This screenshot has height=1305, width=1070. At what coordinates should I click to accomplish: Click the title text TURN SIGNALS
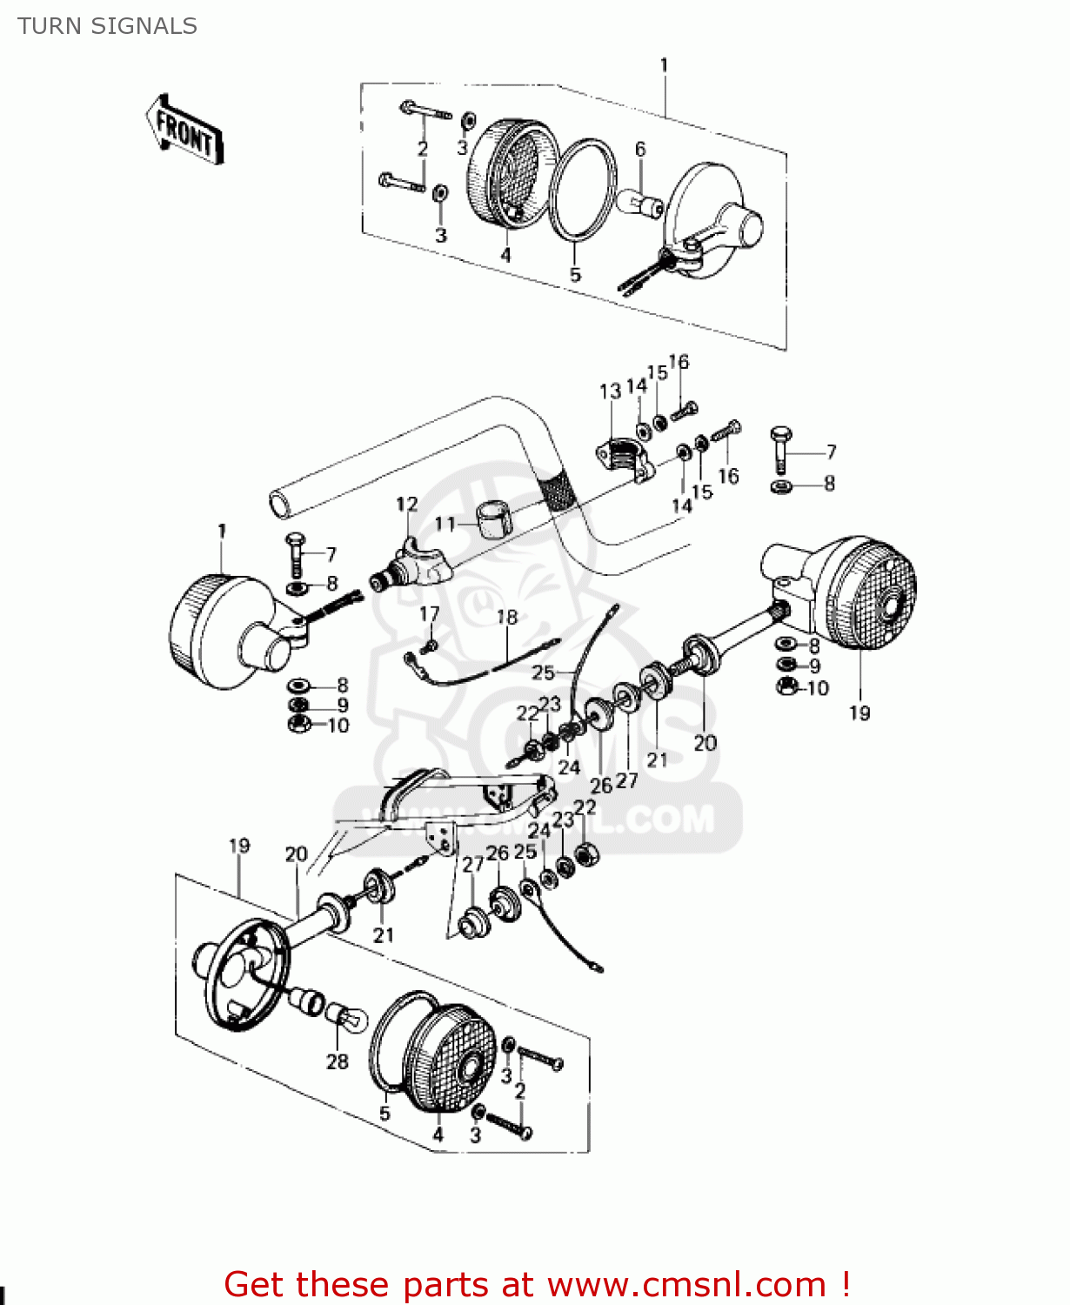pos(108,26)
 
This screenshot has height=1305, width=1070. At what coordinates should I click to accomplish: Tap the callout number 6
pos(640,149)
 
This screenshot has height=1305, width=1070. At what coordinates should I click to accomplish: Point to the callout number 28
pos(338,1061)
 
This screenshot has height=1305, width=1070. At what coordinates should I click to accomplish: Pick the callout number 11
pos(445,523)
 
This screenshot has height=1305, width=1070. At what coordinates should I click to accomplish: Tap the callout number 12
pos(407,504)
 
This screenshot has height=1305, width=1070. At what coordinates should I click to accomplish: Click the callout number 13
pos(610,391)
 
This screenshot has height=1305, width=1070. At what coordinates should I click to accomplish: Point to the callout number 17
pos(430,614)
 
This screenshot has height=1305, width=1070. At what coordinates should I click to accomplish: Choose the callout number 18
pos(507,617)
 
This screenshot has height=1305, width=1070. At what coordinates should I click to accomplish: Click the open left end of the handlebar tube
pos(279,504)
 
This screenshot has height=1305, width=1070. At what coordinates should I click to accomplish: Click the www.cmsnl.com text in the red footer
pos(685,1285)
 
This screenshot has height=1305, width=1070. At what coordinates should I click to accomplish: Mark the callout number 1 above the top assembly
pos(665,65)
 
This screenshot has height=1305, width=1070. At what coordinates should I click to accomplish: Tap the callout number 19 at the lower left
pos(239,846)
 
